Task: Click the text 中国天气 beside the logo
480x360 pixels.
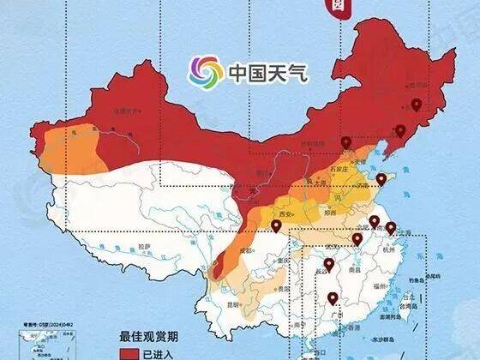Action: pos(267,73)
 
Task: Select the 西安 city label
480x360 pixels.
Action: pos(285,213)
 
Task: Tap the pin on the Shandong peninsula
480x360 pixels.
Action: pos(381,180)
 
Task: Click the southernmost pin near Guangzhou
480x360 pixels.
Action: pos(332,299)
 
